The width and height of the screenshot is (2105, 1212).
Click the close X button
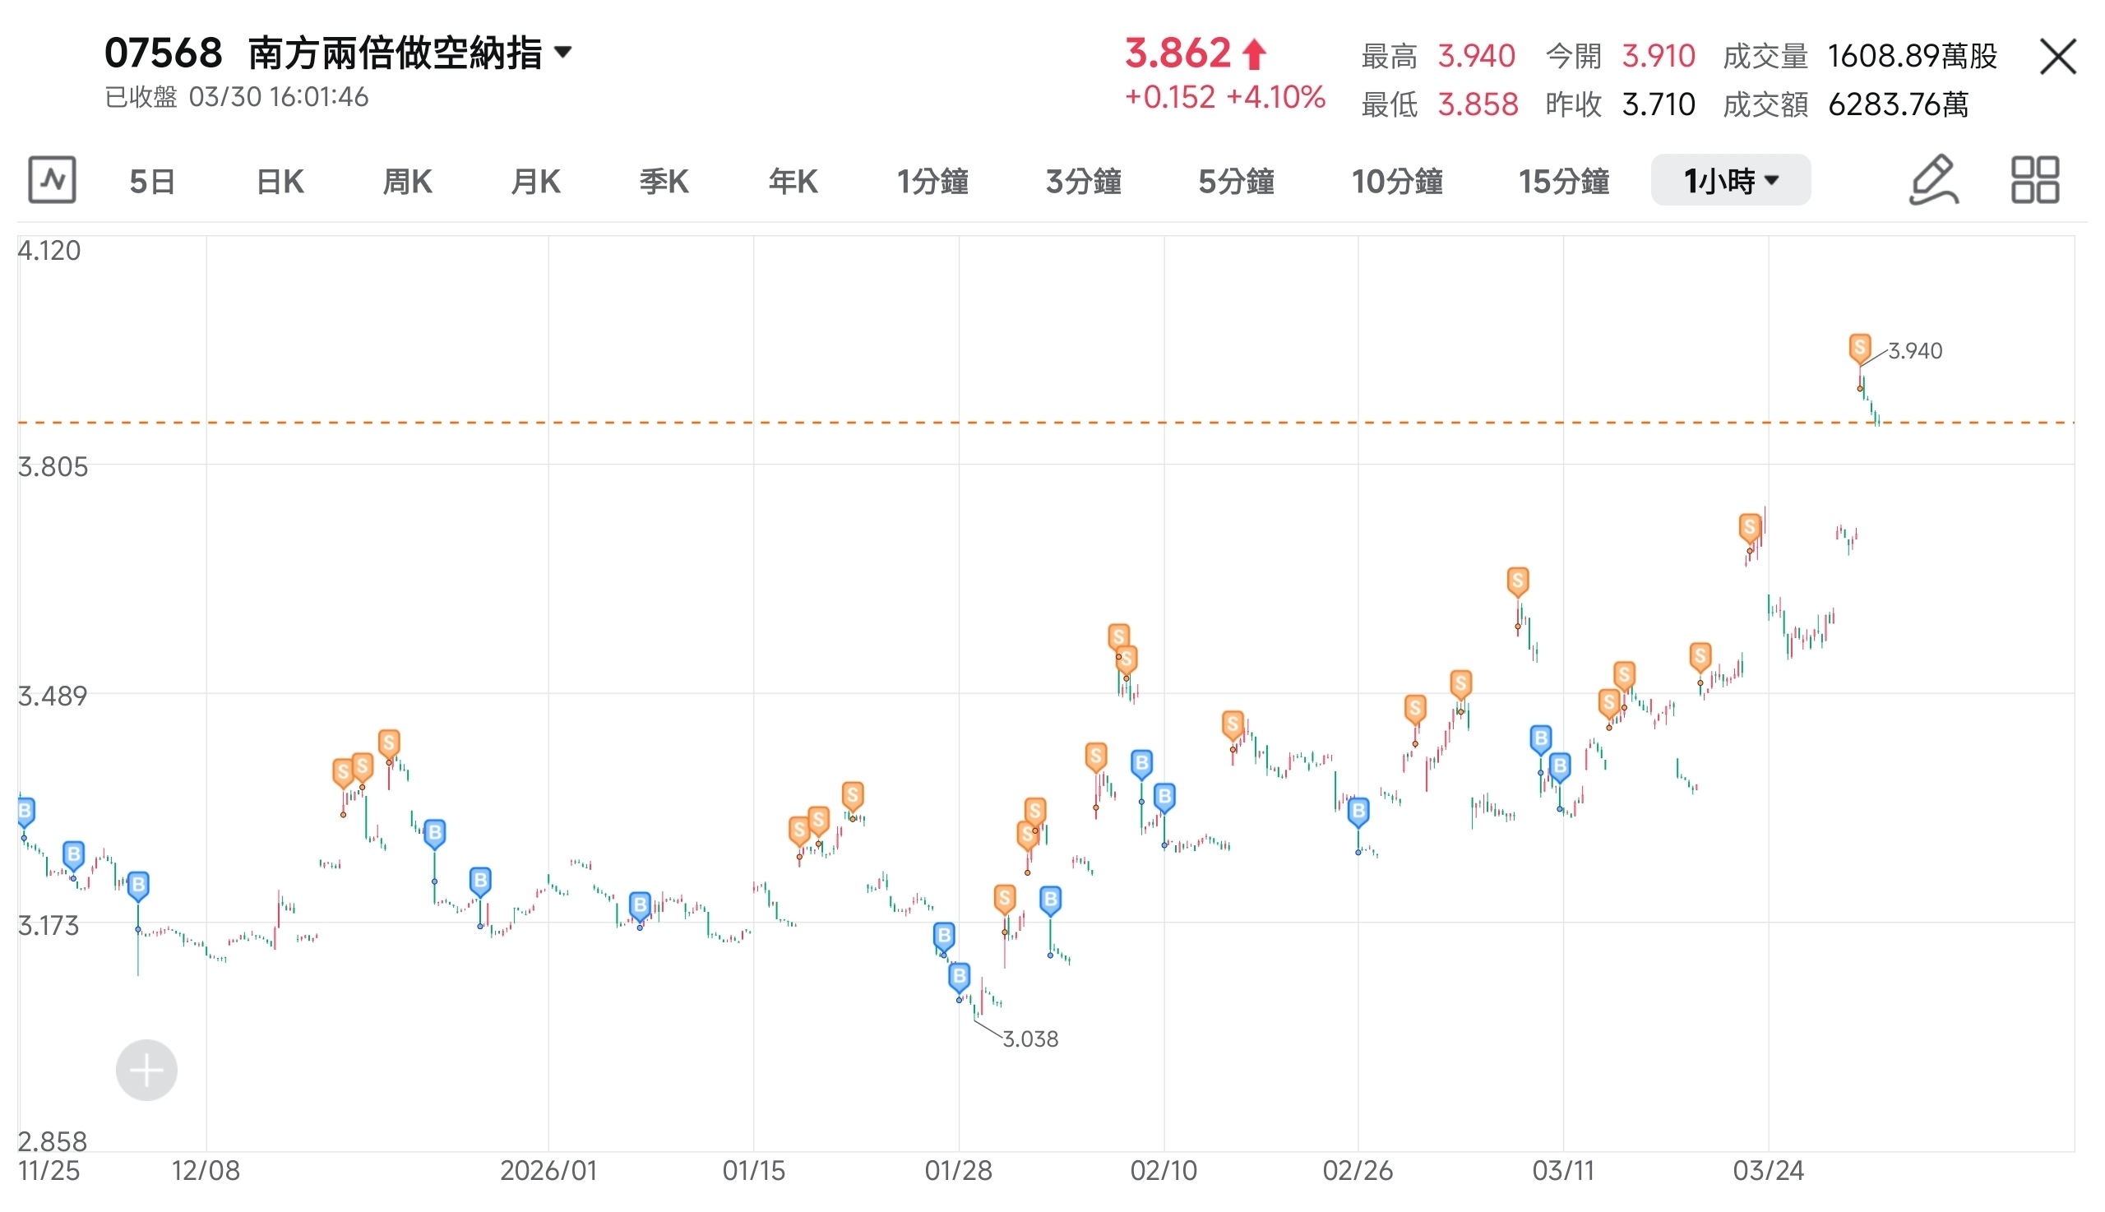coord(2056,57)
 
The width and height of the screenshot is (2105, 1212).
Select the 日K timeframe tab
coord(280,181)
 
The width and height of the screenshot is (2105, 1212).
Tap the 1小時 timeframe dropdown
coord(1729,181)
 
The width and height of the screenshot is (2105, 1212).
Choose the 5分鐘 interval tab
coord(1235,181)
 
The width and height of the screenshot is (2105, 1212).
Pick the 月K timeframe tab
coord(534,181)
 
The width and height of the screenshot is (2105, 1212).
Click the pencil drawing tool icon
coord(1932,180)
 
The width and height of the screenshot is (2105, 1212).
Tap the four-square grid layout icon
coord(2034,180)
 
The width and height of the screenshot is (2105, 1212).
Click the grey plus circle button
coord(146,1070)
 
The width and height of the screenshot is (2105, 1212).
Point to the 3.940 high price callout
coord(1914,351)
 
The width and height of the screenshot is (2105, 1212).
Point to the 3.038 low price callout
coord(1029,1039)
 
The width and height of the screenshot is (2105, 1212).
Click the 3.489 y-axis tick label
coord(53,696)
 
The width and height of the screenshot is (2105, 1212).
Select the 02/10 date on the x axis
coord(1163,1170)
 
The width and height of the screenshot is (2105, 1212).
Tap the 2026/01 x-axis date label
coord(548,1170)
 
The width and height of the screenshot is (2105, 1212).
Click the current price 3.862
coord(1177,53)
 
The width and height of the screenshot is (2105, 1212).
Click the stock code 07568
coord(163,53)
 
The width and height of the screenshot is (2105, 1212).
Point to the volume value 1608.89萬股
coord(1912,56)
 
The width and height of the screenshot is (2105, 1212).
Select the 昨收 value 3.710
coord(1658,105)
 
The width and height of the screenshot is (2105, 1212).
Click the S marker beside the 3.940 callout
coord(1859,347)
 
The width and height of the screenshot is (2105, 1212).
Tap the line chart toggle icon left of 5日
coord(52,180)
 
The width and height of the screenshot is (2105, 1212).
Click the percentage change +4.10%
coord(1275,97)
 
